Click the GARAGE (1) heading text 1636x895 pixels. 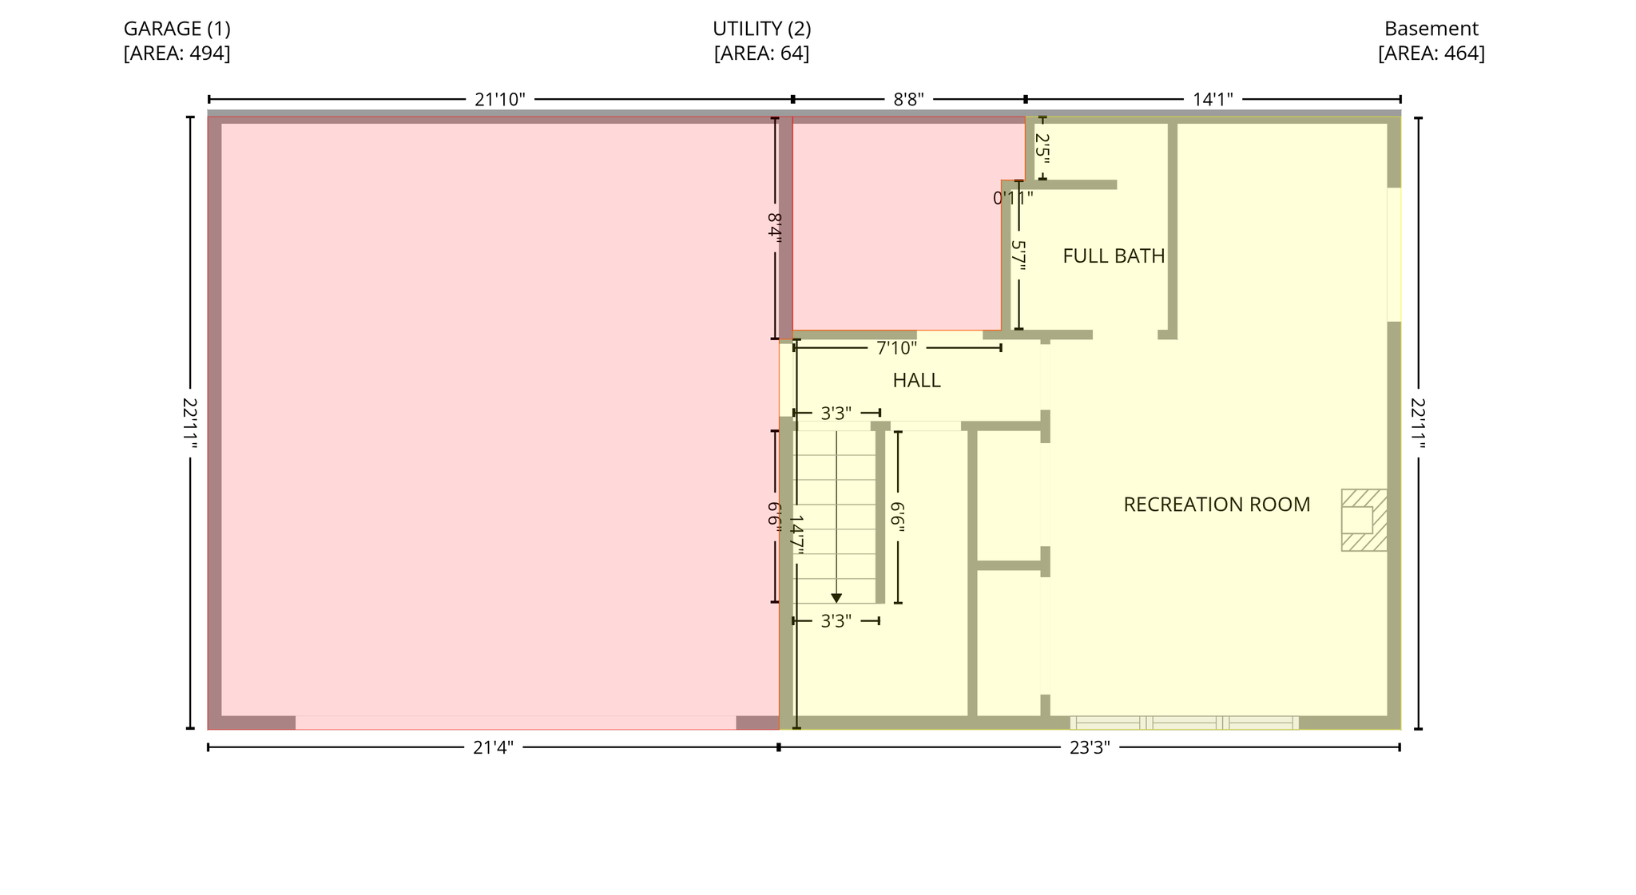177,29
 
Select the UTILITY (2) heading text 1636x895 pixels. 761,29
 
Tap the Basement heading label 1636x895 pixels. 1431,29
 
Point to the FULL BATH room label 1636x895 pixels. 1114,256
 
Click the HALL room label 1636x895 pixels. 916,381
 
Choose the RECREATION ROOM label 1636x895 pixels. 1217,505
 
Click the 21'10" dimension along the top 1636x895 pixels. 500,100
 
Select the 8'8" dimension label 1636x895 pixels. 908,100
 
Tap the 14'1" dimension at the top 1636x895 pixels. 1213,100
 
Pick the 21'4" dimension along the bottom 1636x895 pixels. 493,748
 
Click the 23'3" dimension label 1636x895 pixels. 1090,748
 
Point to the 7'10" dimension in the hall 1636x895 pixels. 896,349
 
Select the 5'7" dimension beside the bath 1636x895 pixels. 1018,255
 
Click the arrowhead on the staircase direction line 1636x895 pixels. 836,598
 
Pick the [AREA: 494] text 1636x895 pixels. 177,53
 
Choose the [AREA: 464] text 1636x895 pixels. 1431,53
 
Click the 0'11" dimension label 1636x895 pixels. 1013,198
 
